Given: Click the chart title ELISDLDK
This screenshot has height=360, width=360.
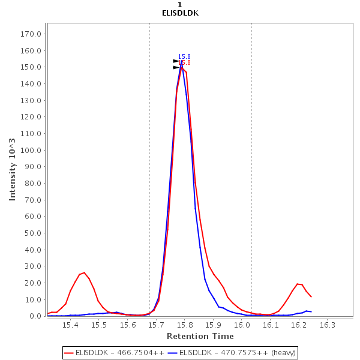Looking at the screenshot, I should pos(180,13).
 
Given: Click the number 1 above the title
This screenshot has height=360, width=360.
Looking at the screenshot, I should pos(180,4).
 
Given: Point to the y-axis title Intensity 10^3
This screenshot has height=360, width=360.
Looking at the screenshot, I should pos(13,170).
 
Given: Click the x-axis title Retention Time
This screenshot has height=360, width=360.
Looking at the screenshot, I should pos(200,336).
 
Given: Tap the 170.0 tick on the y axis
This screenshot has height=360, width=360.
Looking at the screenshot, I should pos(31,34).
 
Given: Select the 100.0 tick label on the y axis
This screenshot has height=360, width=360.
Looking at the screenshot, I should pos(31,150).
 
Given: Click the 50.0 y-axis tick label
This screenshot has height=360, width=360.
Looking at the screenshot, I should pos(32,233).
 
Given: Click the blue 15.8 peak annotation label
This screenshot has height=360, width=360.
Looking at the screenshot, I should pos(184,56).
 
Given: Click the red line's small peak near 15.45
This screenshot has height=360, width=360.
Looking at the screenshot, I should pos(84,272).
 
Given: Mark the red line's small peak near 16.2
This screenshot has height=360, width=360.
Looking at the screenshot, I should pos(298,284).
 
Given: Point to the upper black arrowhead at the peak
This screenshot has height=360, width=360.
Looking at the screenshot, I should pos(176,61).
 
